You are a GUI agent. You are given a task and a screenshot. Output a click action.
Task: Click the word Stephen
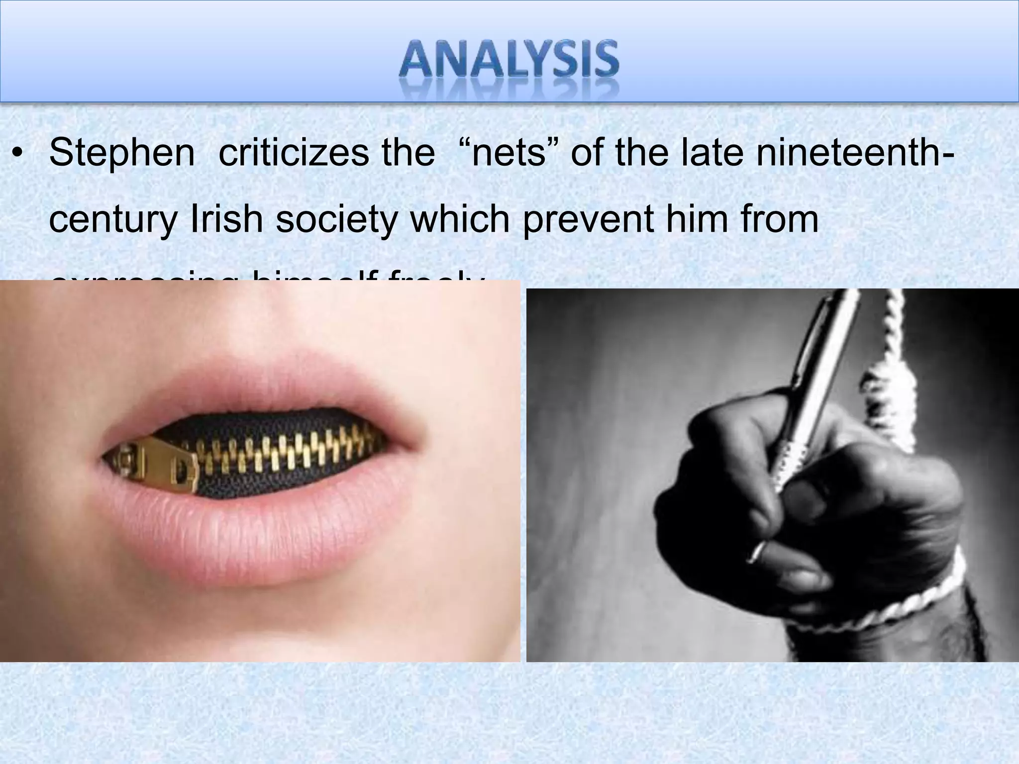[x=122, y=153]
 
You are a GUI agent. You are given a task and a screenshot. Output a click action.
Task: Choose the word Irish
[x=226, y=219]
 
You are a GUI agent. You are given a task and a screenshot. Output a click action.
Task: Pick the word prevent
[x=588, y=220]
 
